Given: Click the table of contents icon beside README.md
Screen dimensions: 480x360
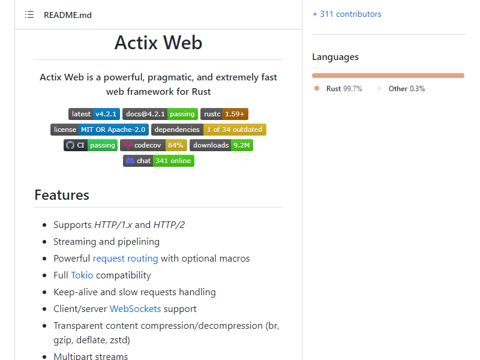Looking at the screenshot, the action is (x=29, y=14).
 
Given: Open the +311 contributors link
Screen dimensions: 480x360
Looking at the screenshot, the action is (x=347, y=14).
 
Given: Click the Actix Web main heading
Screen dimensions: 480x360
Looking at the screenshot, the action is (x=158, y=42).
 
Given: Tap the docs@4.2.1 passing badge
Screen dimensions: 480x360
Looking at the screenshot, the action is (x=160, y=114).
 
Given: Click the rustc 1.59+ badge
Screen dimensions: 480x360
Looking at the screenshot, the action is (x=224, y=114).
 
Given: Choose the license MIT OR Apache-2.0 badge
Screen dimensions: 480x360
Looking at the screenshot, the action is (x=100, y=130).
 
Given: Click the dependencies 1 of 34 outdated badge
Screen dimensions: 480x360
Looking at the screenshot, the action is (x=208, y=130).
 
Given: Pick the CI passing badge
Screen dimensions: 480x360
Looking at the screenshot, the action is (x=91, y=145).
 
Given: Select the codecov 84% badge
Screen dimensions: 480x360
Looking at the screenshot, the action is (x=154, y=145).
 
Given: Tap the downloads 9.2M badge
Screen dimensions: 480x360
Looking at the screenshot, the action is (x=221, y=145).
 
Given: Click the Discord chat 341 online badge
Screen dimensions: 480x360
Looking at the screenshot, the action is (x=158, y=161).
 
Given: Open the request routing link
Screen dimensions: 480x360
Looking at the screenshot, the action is (x=125, y=259).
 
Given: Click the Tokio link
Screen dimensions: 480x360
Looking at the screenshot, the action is (x=82, y=275).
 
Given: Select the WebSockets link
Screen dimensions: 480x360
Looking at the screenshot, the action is (x=136, y=309).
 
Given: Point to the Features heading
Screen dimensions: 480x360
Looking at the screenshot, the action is (x=62, y=195).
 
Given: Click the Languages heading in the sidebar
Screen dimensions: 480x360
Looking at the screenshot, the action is (x=335, y=57).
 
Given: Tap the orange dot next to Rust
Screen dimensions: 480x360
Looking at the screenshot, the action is (x=317, y=88).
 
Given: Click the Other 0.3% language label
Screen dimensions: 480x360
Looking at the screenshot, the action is (x=407, y=89).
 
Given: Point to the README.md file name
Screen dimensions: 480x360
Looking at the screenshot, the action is (x=68, y=15).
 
